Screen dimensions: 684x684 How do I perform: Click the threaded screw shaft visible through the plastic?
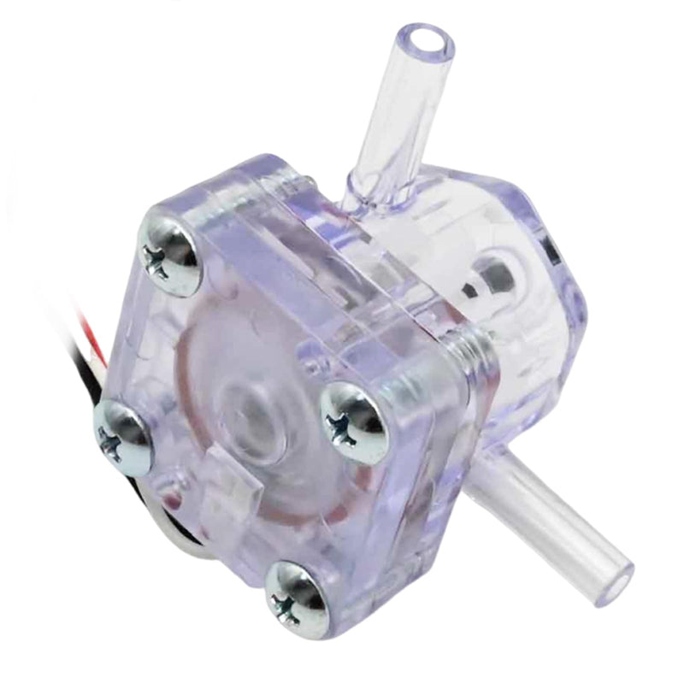point(469,350)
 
